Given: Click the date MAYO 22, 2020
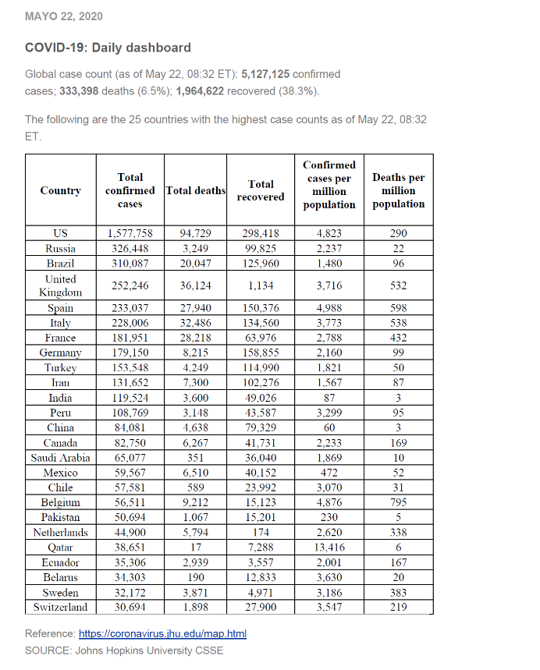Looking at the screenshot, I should [64, 16].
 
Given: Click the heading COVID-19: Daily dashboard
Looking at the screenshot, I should [108, 48].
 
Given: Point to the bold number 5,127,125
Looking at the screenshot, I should [266, 74].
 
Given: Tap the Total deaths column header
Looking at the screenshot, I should [195, 190].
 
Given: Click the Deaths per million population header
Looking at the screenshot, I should [398, 191].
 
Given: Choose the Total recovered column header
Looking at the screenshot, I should [261, 190].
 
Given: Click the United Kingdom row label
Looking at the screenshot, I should [60, 285].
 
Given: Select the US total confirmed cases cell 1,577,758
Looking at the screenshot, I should [130, 233].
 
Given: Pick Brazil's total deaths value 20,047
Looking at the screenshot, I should [195, 264].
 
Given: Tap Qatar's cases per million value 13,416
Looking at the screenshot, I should [329, 548].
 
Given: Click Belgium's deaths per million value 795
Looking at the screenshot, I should [398, 502].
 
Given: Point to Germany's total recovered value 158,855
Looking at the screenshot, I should [261, 353].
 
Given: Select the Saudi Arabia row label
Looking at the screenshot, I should [60, 458].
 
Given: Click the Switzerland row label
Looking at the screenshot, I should [60, 607].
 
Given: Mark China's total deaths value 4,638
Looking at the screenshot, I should [195, 427].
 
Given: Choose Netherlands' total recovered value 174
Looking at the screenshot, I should [261, 533].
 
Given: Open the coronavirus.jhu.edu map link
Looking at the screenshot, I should [163, 633].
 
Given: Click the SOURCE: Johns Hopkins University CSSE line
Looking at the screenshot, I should [124, 651].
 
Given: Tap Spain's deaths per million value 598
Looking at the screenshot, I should [398, 308].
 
